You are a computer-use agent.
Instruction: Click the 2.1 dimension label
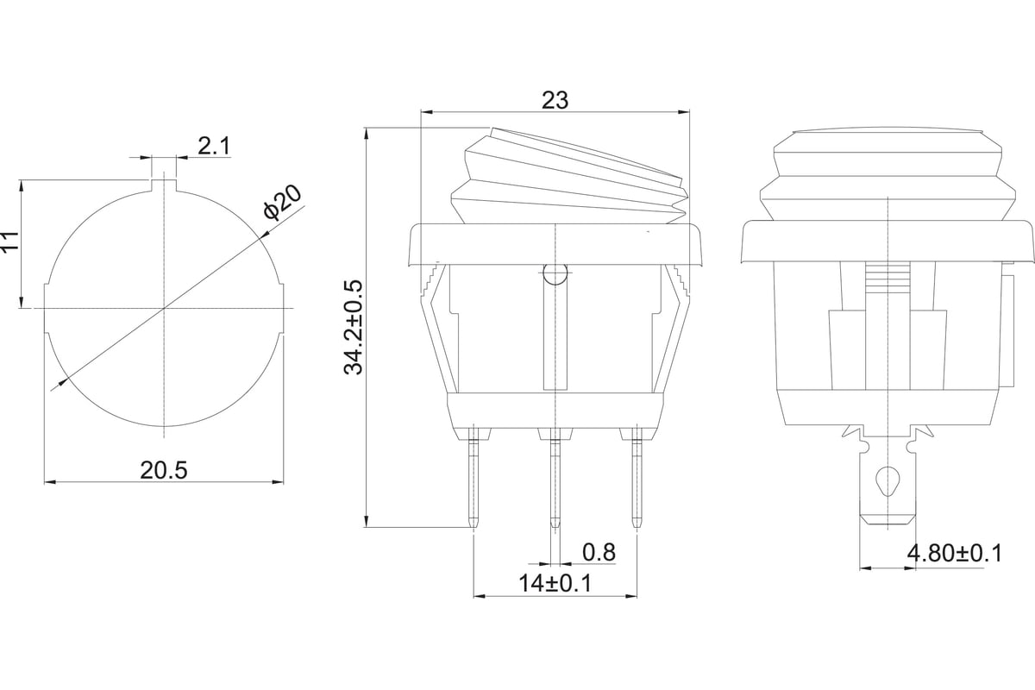(x=214, y=147)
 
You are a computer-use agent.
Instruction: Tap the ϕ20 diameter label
(x=282, y=203)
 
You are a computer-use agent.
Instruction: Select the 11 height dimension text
(x=10, y=241)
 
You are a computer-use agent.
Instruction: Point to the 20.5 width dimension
(x=164, y=470)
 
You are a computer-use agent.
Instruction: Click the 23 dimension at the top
(x=555, y=100)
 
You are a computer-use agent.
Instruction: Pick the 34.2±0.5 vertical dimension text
(x=354, y=327)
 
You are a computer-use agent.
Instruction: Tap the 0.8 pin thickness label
(x=599, y=552)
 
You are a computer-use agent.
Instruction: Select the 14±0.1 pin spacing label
(x=555, y=583)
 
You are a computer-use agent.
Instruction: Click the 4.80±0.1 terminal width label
(x=955, y=553)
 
